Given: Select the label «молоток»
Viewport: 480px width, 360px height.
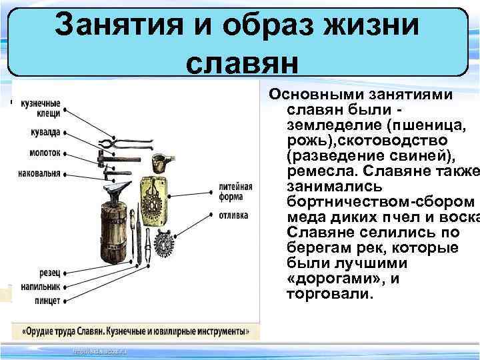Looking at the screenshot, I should [x=45, y=153].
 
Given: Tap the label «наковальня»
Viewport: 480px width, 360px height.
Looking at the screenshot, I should [x=40, y=173].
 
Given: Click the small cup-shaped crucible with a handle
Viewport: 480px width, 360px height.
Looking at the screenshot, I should [x=161, y=163].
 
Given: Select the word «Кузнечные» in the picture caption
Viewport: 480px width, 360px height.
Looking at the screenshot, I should [x=137, y=331].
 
